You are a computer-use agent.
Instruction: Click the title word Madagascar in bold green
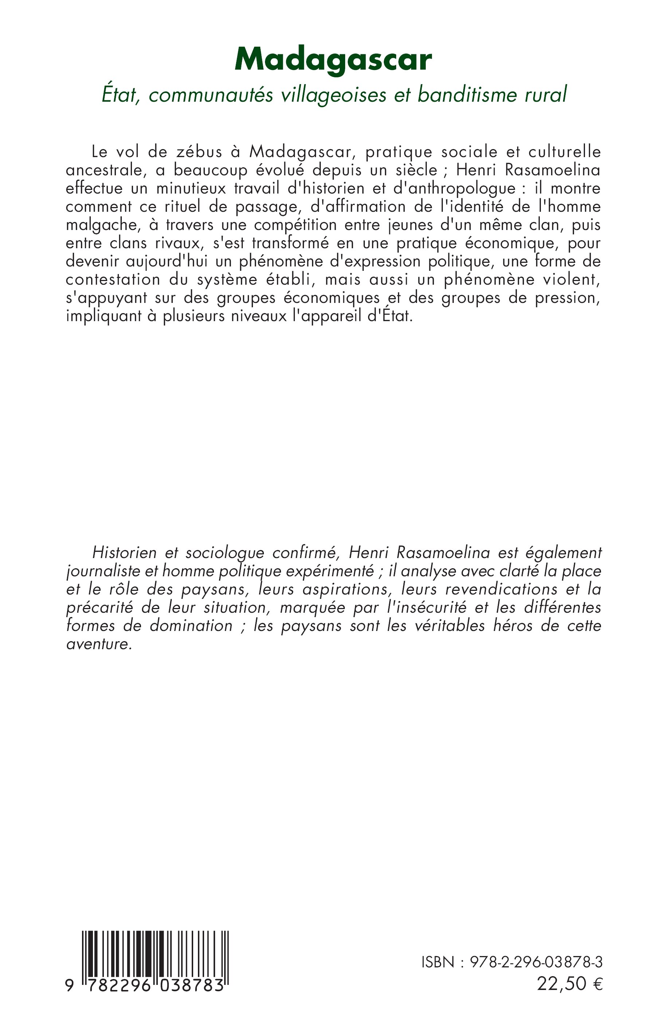(x=333, y=60)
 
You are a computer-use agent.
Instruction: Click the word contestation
(x=113, y=279)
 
